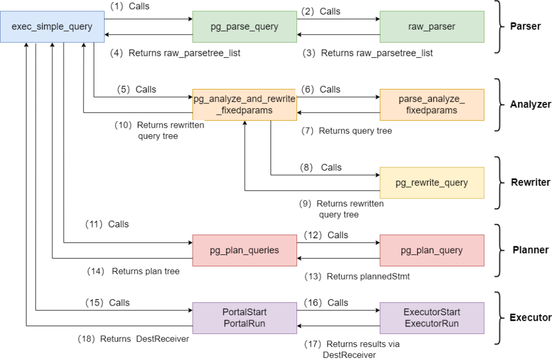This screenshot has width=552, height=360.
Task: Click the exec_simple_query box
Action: tap(52, 27)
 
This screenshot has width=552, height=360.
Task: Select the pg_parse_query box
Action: tap(245, 27)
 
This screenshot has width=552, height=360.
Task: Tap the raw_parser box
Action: tap(432, 27)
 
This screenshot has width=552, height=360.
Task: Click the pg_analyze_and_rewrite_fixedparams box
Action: tap(245, 105)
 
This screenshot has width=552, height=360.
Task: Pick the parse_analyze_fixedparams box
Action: tap(432, 105)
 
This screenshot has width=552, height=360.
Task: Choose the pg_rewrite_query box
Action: tap(432, 183)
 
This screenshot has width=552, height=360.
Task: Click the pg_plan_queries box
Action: tap(245, 251)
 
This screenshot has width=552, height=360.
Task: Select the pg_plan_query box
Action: tap(432, 251)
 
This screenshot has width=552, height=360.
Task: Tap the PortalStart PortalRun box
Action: tap(245, 318)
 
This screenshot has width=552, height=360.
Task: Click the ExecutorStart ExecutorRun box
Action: tap(432, 318)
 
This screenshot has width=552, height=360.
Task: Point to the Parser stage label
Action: tap(525, 26)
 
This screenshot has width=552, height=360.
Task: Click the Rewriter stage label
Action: tap(530, 182)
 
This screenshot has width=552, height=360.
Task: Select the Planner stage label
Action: tap(530, 250)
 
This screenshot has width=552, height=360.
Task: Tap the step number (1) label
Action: tap(117, 6)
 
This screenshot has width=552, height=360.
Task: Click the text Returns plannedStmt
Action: tap(368, 276)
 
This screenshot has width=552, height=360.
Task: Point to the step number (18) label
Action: tap(87, 339)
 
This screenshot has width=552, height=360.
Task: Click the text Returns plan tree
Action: tap(146, 271)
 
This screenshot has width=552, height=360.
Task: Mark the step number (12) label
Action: tap(313, 235)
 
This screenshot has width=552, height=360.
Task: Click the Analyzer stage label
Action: tap(530, 105)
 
